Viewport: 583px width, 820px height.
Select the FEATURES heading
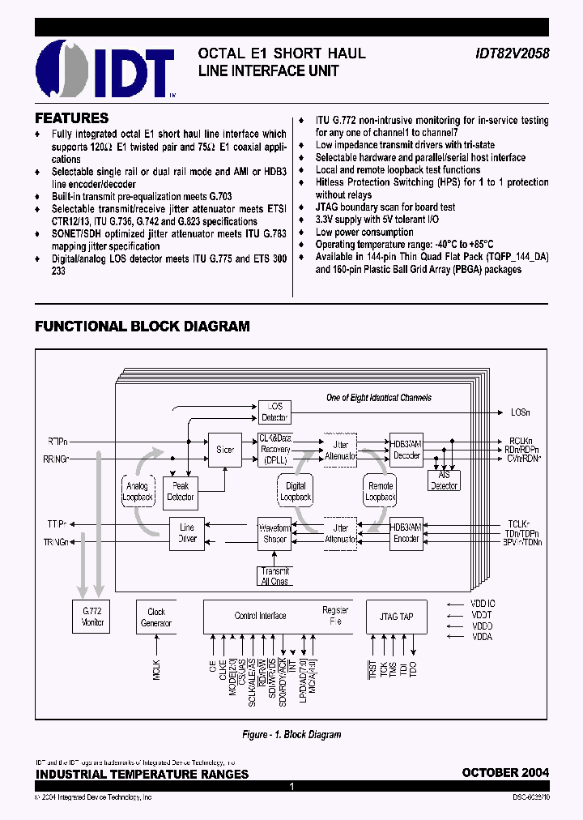tap(72, 118)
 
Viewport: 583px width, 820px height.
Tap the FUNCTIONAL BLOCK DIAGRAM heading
tap(142, 327)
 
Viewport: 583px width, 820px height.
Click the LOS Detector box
tap(274, 412)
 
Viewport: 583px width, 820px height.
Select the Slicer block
tap(225, 449)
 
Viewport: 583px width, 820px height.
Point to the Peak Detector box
tap(181, 491)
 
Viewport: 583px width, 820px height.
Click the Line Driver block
tap(187, 532)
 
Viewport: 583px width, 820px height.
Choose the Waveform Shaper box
tap(274, 532)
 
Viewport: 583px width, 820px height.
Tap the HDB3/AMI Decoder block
tap(406, 449)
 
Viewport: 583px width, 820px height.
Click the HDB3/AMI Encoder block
tap(406, 532)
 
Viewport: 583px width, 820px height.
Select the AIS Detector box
tap(443, 480)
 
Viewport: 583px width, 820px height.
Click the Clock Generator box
tap(156, 617)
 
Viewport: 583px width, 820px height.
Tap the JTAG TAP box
tap(395, 617)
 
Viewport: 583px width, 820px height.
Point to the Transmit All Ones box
tap(274, 576)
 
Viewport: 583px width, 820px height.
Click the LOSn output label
tap(520, 412)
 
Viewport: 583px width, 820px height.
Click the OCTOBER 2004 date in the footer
tap(505, 773)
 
